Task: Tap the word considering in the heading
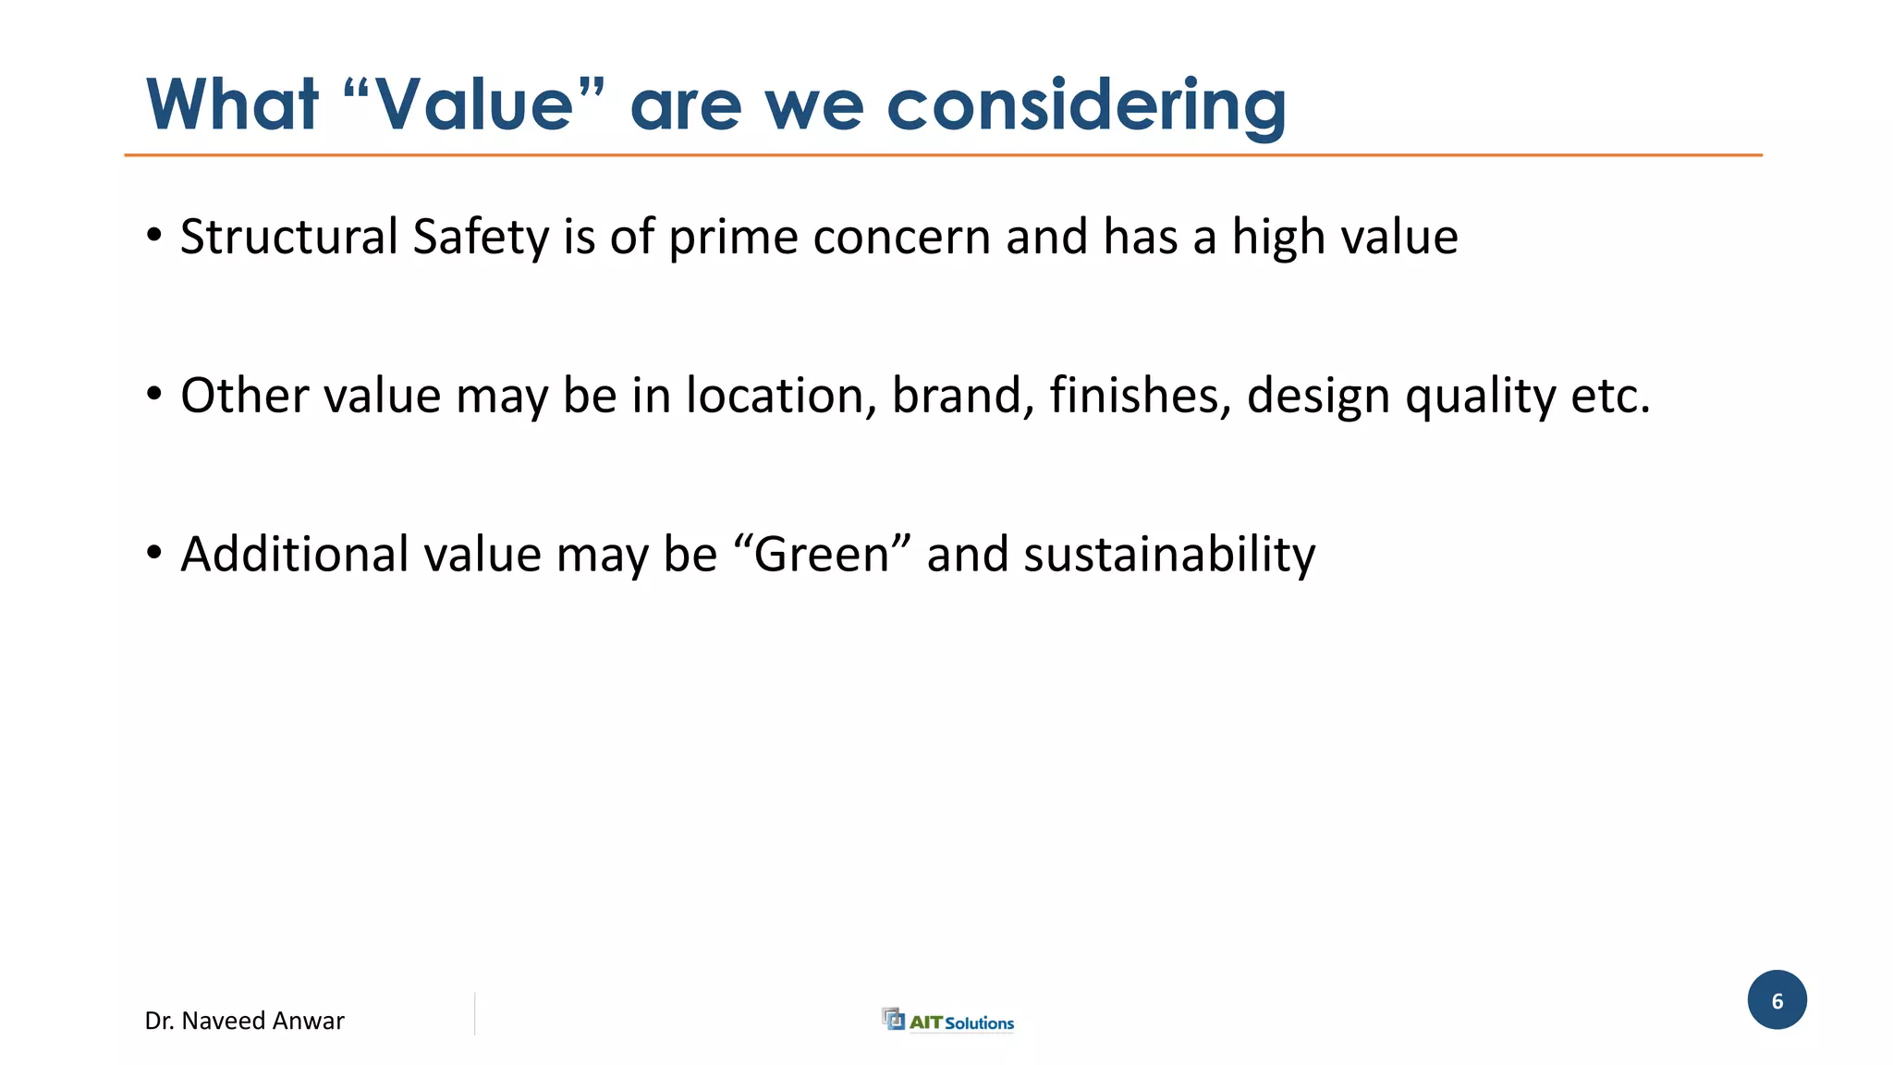point(1086,106)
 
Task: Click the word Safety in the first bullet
point(481,237)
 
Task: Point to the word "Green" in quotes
point(822,555)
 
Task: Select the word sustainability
point(1168,555)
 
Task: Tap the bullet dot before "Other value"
point(154,396)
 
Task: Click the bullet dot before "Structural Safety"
point(154,236)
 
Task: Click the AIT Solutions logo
point(948,1021)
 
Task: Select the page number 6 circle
point(1777,1000)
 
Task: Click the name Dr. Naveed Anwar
point(244,1021)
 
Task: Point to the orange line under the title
point(943,155)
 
